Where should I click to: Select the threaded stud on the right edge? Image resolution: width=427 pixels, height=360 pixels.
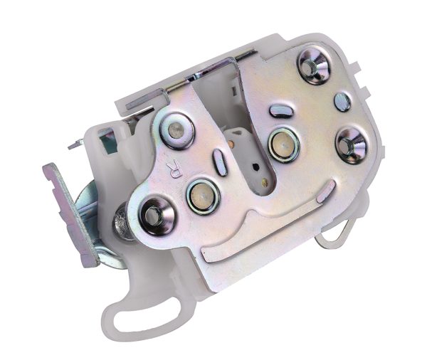350,144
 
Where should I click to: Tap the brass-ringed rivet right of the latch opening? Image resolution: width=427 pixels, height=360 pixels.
283,144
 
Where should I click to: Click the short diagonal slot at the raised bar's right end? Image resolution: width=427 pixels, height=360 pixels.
330,190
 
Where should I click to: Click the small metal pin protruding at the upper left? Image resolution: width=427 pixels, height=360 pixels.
75,146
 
